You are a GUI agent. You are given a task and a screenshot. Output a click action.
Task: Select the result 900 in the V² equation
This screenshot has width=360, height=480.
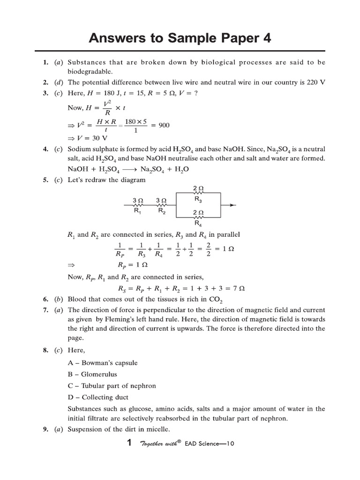click(164, 125)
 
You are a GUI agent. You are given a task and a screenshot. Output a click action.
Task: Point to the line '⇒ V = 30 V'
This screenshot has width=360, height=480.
click(88, 138)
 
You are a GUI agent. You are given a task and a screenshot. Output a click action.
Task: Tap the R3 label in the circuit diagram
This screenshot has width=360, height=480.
click(197, 199)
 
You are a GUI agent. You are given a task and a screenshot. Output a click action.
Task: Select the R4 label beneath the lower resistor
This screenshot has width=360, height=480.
click(197, 224)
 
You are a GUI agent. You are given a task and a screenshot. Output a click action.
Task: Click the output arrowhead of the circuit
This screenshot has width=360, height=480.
click(233, 205)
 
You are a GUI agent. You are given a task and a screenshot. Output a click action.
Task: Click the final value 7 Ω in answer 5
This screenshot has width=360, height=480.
click(239, 288)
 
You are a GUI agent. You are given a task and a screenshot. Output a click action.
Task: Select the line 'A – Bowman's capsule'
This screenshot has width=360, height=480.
click(103, 363)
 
